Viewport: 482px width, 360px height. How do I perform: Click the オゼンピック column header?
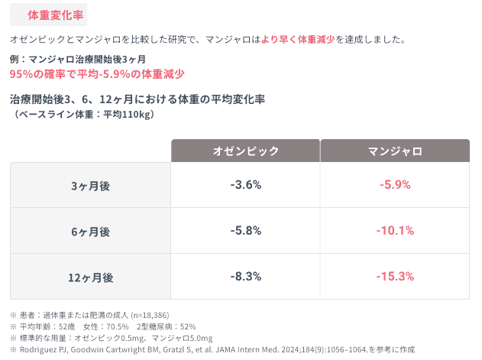point(245,151)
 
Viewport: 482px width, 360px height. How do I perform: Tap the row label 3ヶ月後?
point(90,186)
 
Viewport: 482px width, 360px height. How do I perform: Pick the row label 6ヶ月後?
point(90,231)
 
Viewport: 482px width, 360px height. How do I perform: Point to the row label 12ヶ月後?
point(90,277)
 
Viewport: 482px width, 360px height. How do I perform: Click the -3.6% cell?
point(245,185)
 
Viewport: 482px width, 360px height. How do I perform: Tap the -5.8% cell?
point(245,230)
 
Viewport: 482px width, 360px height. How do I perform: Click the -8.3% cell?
point(245,276)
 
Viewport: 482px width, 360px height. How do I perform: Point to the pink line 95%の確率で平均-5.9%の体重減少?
point(97,74)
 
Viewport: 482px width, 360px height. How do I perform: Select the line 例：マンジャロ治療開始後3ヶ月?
point(77,59)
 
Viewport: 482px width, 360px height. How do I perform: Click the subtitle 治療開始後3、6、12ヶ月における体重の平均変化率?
point(137,99)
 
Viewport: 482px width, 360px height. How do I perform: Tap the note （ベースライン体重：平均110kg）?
point(84,114)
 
